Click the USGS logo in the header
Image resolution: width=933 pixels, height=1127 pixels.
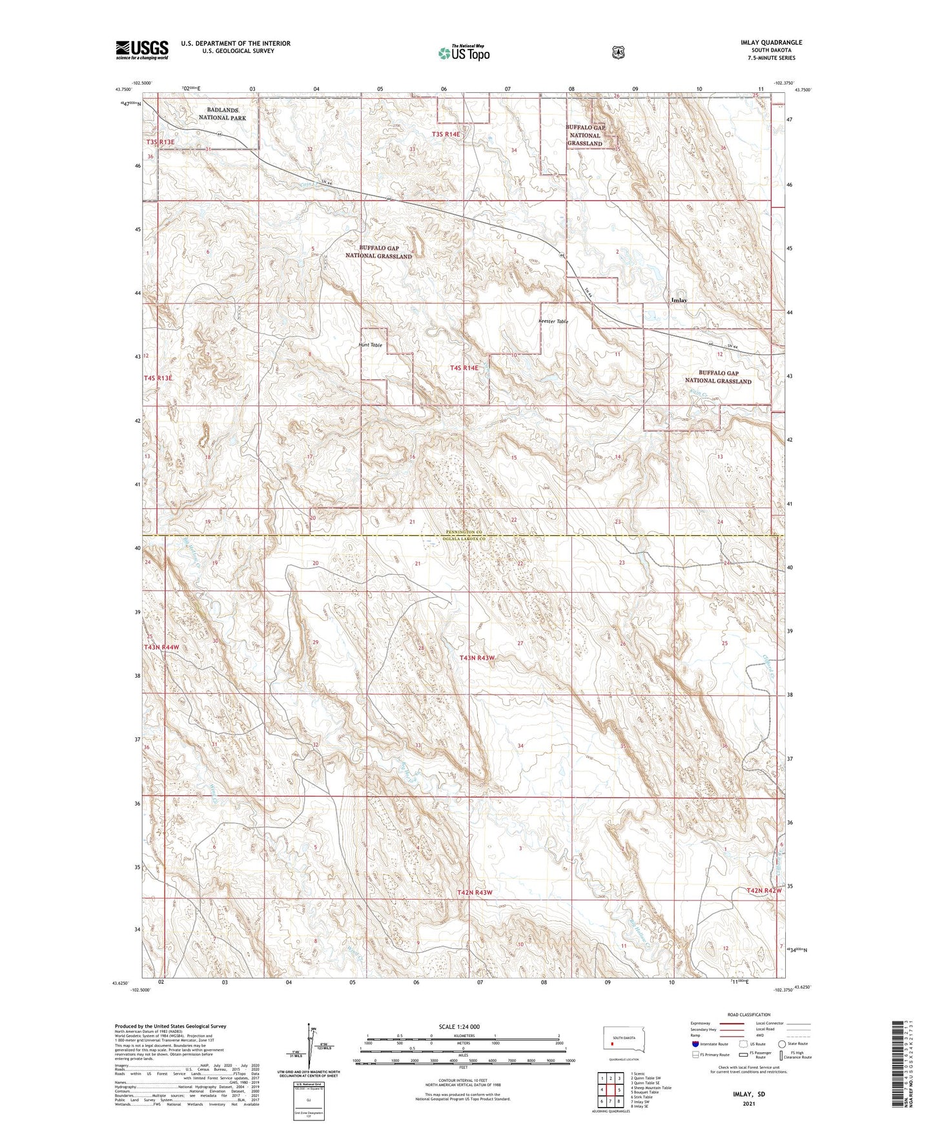pyautogui.click(x=142, y=50)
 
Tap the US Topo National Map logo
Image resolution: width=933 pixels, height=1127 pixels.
pyautogui.click(x=463, y=53)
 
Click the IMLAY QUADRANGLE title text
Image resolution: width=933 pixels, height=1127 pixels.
pyautogui.click(x=772, y=43)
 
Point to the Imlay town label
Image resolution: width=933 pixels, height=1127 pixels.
pyautogui.click(x=679, y=300)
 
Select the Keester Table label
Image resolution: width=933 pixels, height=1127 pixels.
pyautogui.click(x=552, y=321)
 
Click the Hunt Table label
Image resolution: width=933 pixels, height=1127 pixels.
pyautogui.click(x=371, y=345)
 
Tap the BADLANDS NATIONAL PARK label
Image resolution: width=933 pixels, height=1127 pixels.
pyautogui.click(x=222, y=114)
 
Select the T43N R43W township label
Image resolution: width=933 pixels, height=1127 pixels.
pyautogui.click(x=477, y=658)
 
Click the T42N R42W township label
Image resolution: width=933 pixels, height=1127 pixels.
pyautogui.click(x=764, y=891)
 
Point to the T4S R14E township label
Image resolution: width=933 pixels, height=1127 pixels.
pyautogui.click(x=464, y=368)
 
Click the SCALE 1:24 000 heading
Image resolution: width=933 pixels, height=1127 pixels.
pyautogui.click(x=459, y=1026)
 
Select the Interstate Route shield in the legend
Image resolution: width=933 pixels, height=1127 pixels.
pyautogui.click(x=695, y=1044)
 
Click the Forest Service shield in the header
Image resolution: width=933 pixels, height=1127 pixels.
pyautogui.click(x=618, y=52)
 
